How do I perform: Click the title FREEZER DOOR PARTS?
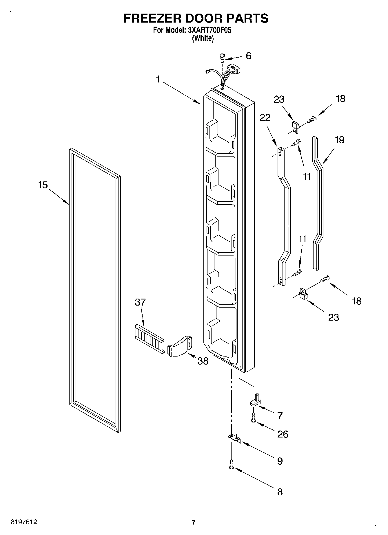196,18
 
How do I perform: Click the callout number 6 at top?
248,56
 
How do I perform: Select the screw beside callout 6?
222,57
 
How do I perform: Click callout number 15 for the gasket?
43,185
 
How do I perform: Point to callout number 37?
140,302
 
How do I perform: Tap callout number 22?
265,117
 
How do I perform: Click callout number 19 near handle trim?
339,140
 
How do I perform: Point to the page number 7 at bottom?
194,523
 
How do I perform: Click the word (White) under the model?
203,38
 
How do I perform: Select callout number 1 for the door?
158,79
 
